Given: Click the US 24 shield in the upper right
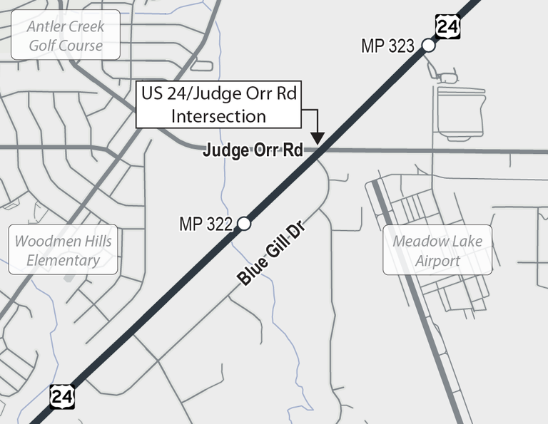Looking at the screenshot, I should tap(447, 28).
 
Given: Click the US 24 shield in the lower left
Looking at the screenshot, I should tap(61, 396).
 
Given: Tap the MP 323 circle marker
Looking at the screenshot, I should tap(428, 46).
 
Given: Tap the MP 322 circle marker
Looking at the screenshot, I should tap(243, 224).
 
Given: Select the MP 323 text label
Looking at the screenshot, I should tap(387, 47).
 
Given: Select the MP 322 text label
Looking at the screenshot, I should tap(205, 224).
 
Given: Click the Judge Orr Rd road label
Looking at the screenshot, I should tap(253, 150).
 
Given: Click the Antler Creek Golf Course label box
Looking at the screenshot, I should tap(65, 36).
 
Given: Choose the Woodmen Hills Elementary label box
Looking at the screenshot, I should tap(64, 250).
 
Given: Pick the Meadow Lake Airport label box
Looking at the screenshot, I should tap(437, 250).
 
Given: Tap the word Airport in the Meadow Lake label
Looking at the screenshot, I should tap(437, 260).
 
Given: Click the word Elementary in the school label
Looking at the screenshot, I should tap(64, 260).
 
